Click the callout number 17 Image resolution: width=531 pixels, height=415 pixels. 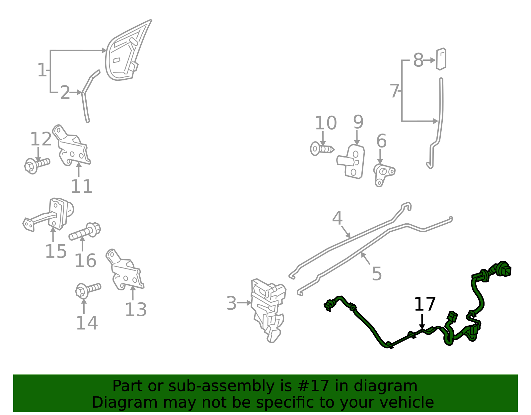(424, 304)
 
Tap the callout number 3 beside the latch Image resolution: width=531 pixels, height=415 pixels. (231, 303)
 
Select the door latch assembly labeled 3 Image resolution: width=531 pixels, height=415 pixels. (268, 309)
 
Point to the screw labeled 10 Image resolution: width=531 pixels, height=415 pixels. (321, 149)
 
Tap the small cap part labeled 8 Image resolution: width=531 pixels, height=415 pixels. (441, 59)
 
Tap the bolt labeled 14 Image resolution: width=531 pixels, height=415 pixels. (87, 290)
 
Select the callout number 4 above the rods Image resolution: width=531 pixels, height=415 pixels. (337, 218)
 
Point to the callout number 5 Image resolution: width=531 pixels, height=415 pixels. (377, 274)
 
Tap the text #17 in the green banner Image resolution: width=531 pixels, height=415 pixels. (313, 386)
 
